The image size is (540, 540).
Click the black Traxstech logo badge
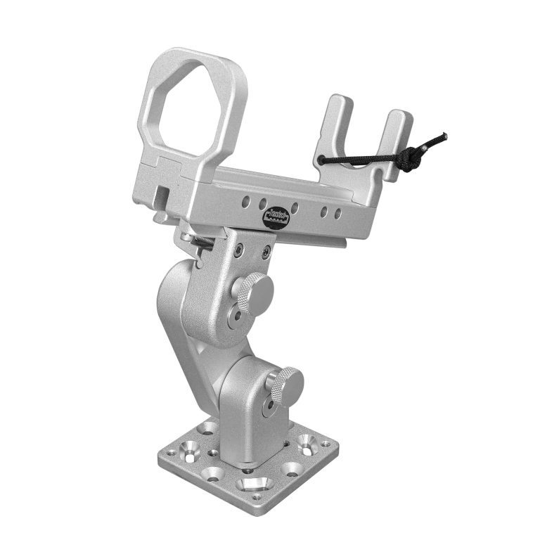274,218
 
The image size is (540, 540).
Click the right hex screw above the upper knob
266,252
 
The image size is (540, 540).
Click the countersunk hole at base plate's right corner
307,443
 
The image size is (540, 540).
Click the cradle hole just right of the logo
295,208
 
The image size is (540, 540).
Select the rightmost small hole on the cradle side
338,213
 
